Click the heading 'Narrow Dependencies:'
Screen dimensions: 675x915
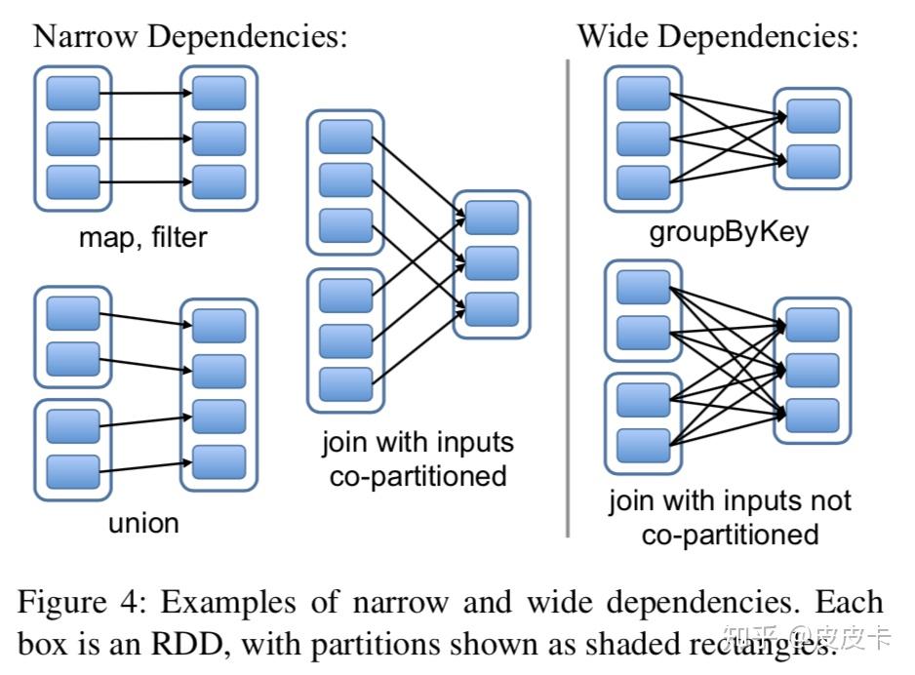[x=190, y=37]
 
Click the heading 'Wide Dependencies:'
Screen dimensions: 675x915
[x=718, y=37]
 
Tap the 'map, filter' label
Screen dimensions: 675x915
[x=143, y=237]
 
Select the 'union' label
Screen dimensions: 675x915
[x=143, y=523]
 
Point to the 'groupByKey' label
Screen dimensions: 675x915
[x=729, y=234]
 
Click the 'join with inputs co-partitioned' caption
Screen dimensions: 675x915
[x=418, y=458]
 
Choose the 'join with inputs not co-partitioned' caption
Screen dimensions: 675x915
[x=730, y=517]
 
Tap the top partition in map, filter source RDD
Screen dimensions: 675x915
[x=73, y=94]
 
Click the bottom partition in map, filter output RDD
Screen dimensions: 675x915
[x=219, y=182]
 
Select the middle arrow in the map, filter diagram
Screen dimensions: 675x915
[x=145, y=139]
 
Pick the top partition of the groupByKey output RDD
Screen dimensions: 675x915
[x=813, y=116]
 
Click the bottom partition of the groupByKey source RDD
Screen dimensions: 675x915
[x=644, y=182]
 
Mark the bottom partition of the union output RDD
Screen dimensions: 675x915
[x=219, y=461]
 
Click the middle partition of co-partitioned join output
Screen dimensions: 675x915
[x=492, y=262]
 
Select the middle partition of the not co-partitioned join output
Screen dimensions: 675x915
[x=813, y=370]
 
